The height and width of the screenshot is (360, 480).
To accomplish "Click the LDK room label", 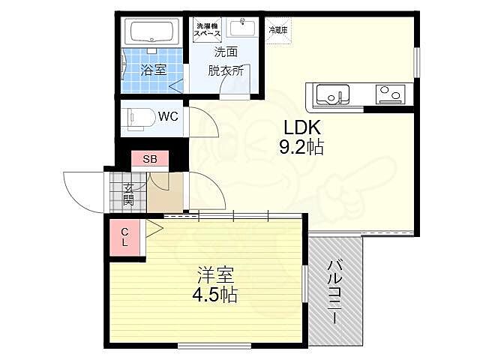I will (301, 127).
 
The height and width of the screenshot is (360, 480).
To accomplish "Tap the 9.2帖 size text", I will (301, 148).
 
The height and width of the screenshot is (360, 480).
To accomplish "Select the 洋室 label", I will (213, 274).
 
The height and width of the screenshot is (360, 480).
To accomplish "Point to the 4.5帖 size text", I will (213, 294).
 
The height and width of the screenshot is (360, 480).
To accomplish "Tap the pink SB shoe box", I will (150, 159).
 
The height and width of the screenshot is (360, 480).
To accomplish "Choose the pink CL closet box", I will (126, 237).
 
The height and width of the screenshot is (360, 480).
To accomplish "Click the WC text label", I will (167, 116).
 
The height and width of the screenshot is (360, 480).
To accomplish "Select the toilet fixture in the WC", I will (139, 117).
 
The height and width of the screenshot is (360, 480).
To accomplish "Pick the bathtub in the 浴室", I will (151, 33).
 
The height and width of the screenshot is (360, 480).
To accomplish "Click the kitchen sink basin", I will (332, 94).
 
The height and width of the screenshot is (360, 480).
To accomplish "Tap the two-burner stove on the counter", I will (390, 94).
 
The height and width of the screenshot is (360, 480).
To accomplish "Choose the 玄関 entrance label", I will (128, 194).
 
